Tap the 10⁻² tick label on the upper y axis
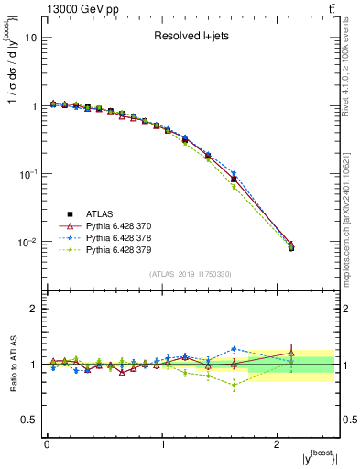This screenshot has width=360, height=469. (x=28, y=243)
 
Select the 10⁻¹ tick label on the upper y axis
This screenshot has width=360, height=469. (x=28, y=174)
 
